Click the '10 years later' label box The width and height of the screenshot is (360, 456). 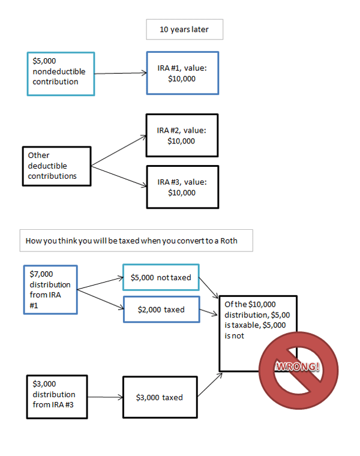coord(184,29)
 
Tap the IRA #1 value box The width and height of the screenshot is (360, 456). coord(182,73)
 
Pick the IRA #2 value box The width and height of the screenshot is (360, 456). coord(182,136)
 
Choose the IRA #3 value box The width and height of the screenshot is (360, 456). coord(182,187)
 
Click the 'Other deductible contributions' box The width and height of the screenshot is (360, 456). coord(56,166)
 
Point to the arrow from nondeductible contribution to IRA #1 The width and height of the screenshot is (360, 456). coord(121,73)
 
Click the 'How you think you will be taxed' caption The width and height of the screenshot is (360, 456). coord(136,241)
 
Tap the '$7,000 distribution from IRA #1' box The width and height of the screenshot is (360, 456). coord(50,289)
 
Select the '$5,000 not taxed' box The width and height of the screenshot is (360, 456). coord(160,278)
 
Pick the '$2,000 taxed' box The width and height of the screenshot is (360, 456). coord(160,310)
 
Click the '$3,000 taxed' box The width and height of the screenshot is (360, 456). coord(160,397)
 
